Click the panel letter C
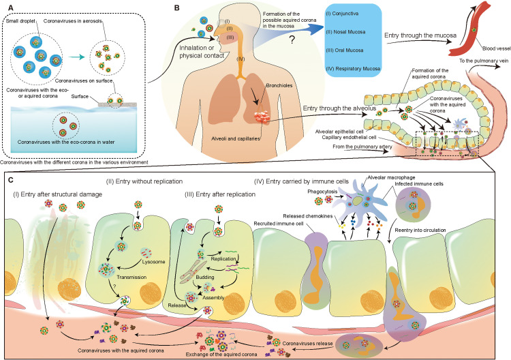pyautogui.click(x=7, y=179)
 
